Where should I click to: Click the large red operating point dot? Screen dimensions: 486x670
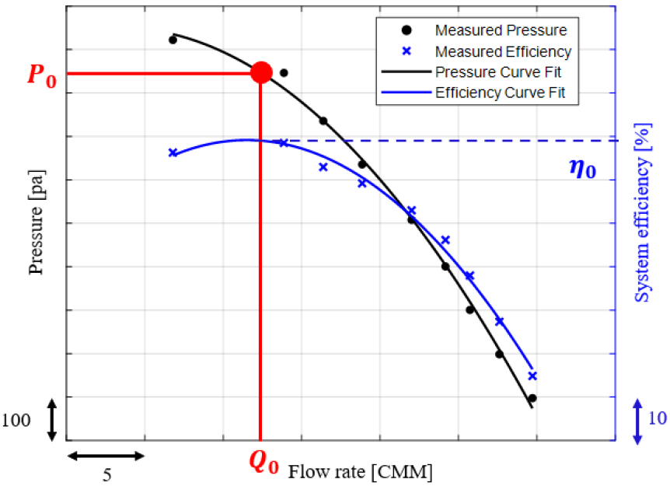(x=261, y=73)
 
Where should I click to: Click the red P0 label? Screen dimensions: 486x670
(x=42, y=75)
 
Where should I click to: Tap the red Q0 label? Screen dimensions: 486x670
(x=263, y=463)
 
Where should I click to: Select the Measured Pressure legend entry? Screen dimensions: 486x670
(x=501, y=31)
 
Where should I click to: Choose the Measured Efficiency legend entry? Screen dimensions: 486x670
(x=503, y=52)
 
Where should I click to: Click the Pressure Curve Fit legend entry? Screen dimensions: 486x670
(x=498, y=73)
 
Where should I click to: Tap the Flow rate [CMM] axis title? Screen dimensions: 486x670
(x=361, y=471)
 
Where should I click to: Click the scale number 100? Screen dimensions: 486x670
(x=16, y=421)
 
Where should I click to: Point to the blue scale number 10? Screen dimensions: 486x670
(x=657, y=418)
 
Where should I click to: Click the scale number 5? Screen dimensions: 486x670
(x=106, y=474)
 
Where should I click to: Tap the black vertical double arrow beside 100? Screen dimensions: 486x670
(x=52, y=420)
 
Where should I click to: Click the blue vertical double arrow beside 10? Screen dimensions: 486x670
(x=637, y=421)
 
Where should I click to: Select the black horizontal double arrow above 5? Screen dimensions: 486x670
(x=106, y=456)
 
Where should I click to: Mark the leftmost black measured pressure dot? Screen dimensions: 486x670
(x=173, y=40)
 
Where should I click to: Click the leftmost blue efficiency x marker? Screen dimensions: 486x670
(x=173, y=152)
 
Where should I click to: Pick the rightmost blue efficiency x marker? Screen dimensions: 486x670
(x=532, y=376)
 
